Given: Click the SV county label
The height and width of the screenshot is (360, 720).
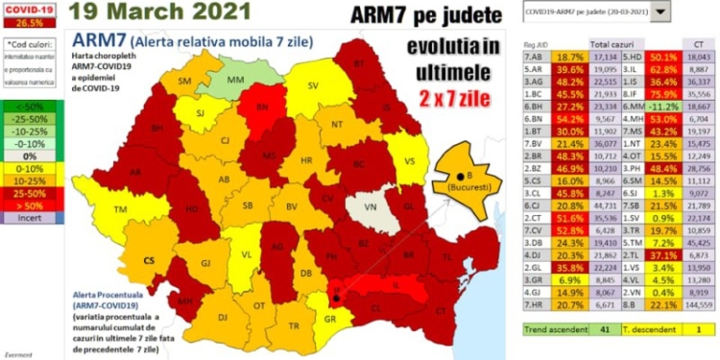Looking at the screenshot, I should pos(313,85).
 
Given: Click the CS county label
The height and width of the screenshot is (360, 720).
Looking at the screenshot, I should pos(149,259).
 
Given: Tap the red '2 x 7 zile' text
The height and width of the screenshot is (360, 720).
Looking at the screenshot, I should pos(452,100).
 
